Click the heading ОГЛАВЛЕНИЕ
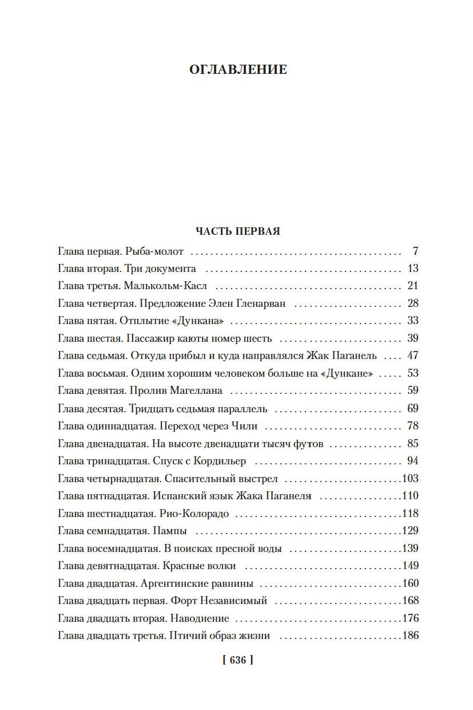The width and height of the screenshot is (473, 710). click(x=237, y=70)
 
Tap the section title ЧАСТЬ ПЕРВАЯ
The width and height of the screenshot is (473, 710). click(x=237, y=231)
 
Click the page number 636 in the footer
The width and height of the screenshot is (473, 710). click(x=237, y=660)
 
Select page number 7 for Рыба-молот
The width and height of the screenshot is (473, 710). click(x=415, y=251)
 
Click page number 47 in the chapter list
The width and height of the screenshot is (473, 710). click(x=412, y=356)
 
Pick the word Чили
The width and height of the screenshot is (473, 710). click(x=245, y=426)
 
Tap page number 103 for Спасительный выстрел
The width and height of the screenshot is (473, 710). click(x=410, y=479)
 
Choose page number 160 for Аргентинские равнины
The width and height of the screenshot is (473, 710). click(x=410, y=583)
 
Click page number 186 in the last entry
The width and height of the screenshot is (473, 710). click(x=410, y=636)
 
